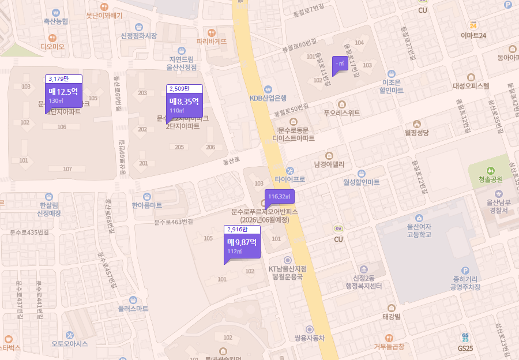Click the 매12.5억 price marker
[x=63, y=95]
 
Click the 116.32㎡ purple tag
[x=280, y=197]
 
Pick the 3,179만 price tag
[x=63, y=78]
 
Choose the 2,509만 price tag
[x=185, y=88]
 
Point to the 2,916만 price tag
[x=242, y=230]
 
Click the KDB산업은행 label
[x=268, y=97]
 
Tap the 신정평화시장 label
[x=138, y=36]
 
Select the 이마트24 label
[x=473, y=36]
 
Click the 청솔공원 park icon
[x=491, y=171]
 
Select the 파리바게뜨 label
[x=212, y=41]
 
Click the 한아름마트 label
[x=146, y=205]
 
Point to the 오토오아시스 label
[x=70, y=343]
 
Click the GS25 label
[x=465, y=348]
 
